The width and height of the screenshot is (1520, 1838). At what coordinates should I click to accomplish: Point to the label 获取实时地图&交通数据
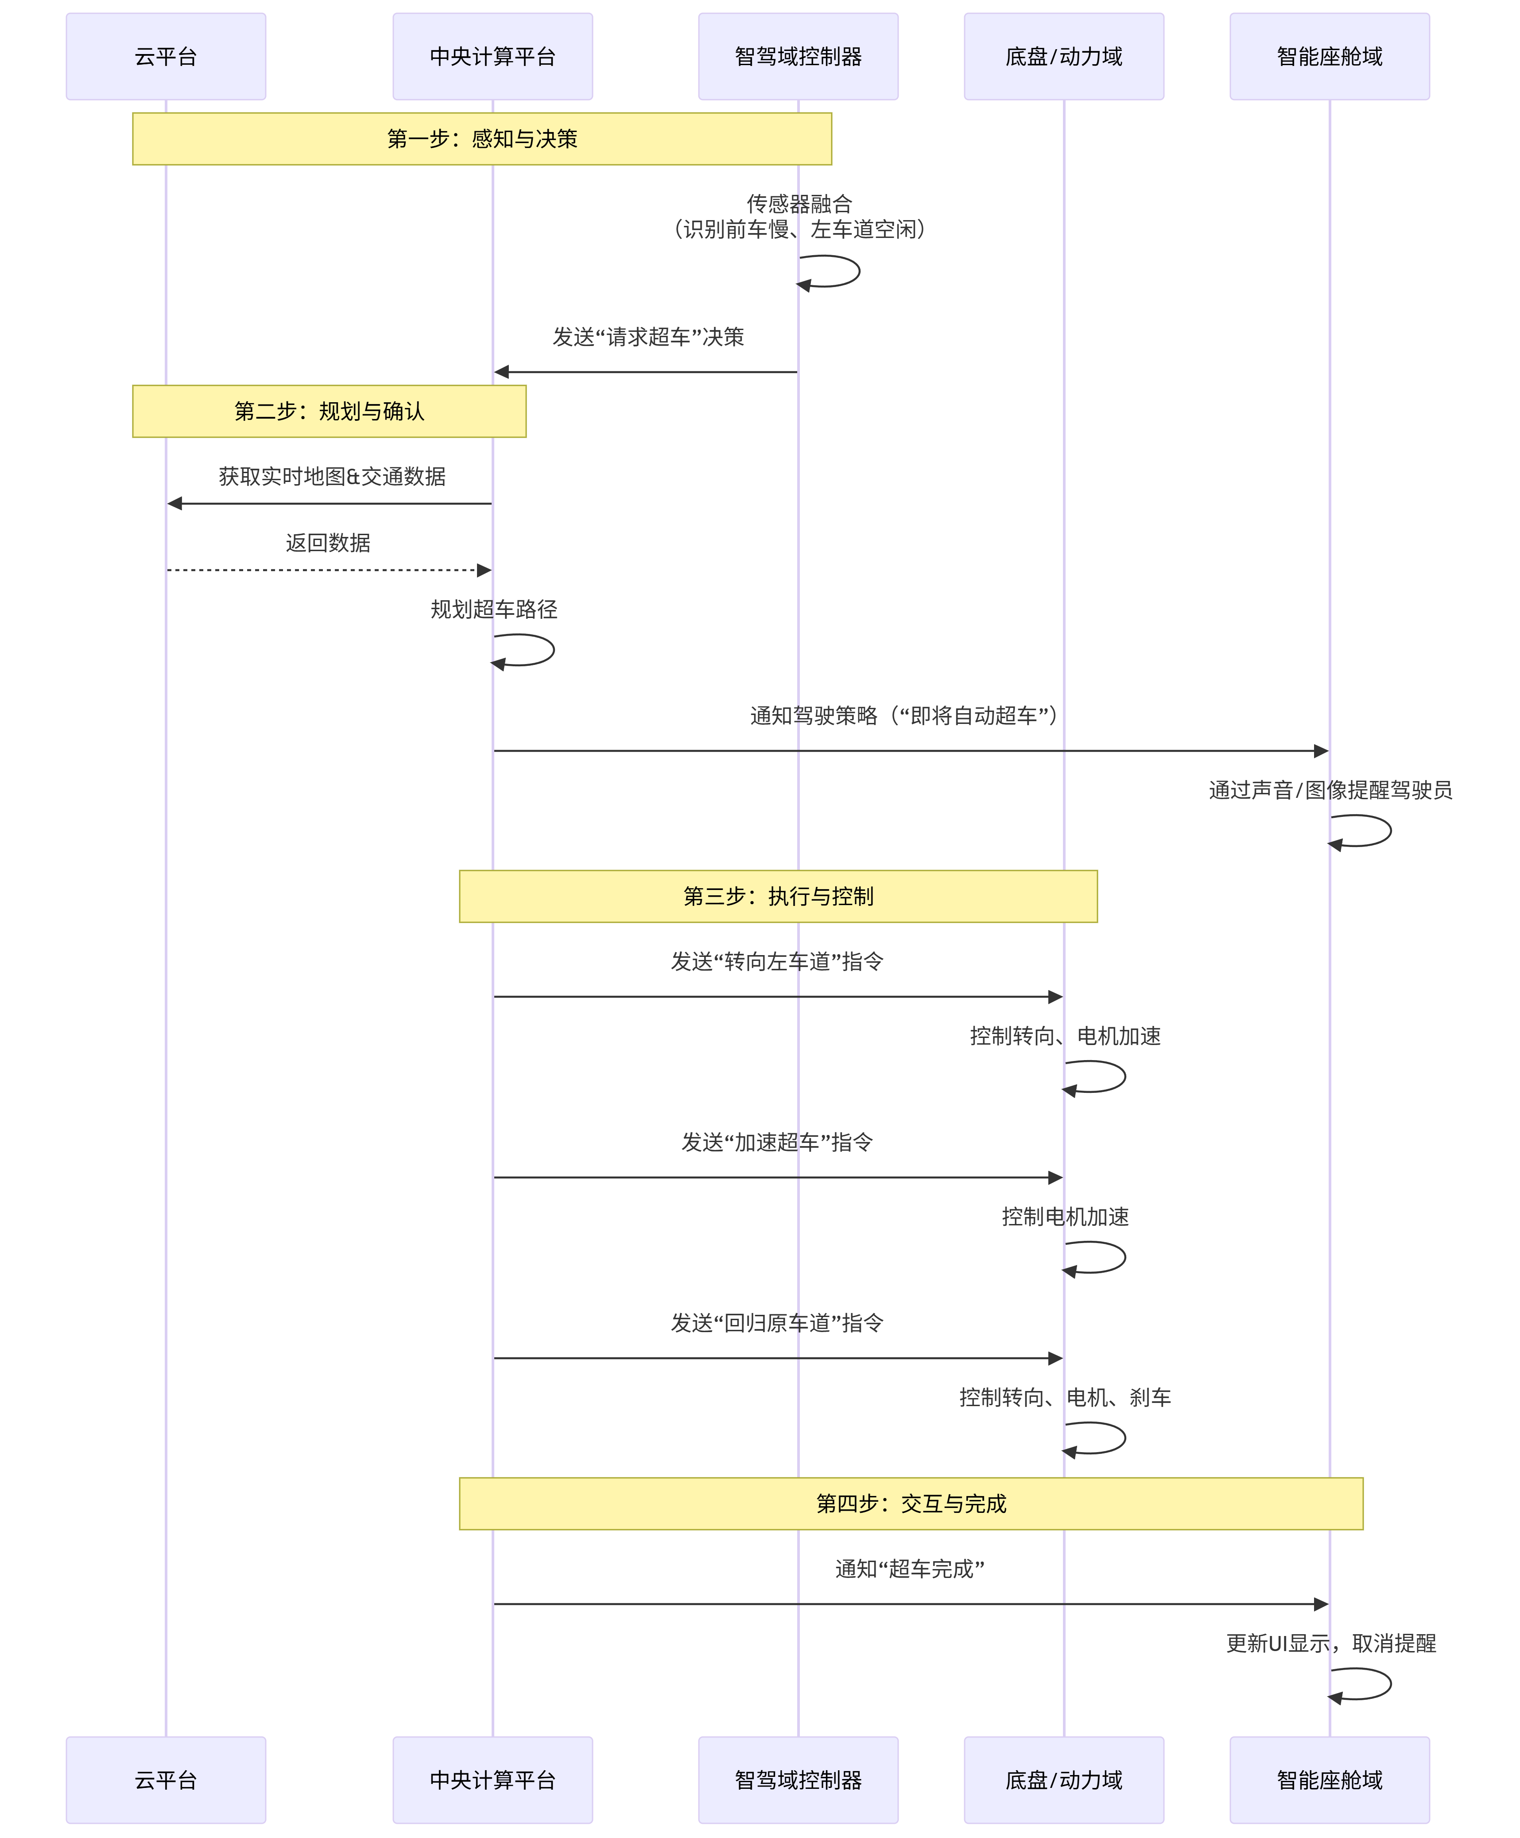coord(332,476)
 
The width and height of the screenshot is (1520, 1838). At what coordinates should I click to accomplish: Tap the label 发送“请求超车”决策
coord(648,337)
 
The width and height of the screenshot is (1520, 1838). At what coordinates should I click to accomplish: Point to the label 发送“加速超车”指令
coord(777,1142)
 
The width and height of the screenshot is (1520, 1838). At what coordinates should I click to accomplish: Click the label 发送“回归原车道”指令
coord(777,1322)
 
